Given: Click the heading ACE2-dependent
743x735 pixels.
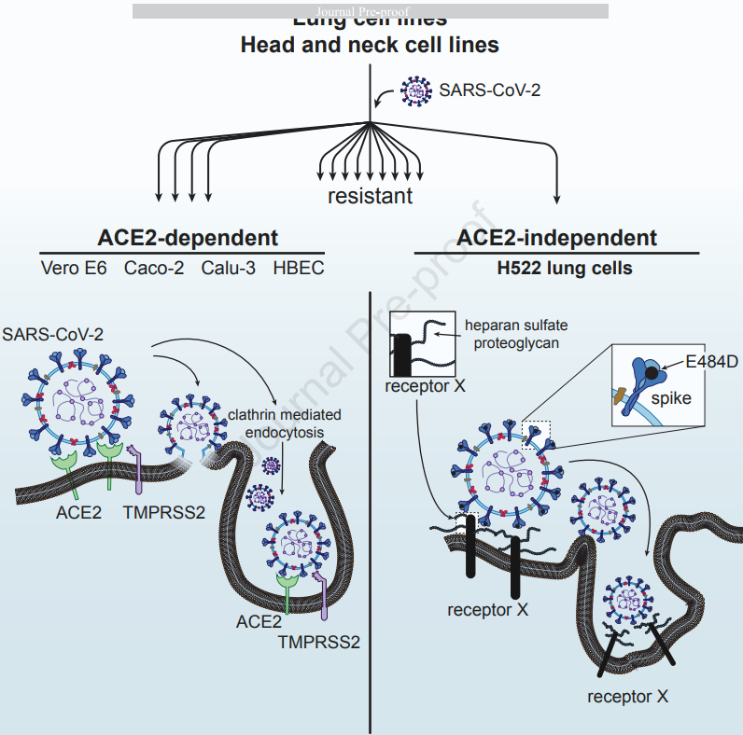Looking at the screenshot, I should (188, 237).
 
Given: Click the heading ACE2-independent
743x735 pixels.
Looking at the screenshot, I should (558, 237).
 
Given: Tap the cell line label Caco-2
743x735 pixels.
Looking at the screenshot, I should (154, 269).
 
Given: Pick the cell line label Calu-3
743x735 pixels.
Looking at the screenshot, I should (228, 269).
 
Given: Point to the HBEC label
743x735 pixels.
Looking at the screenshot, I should (299, 269).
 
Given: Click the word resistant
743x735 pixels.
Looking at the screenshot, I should (370, 197).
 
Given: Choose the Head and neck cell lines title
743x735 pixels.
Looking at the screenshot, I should (370, 45).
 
